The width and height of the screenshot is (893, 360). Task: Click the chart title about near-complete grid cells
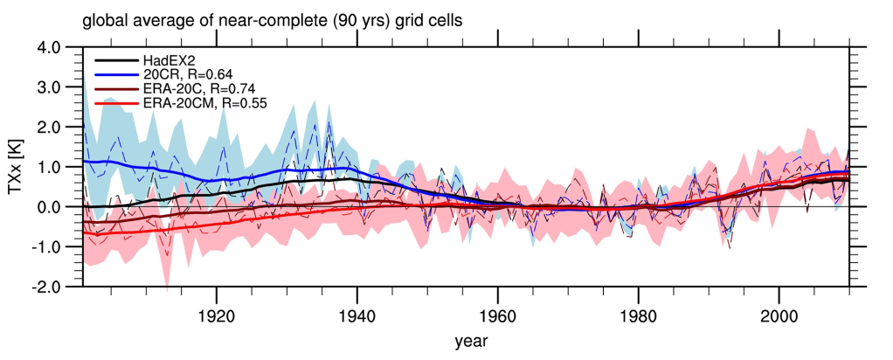click(283, 18)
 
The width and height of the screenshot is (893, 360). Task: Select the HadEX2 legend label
click(167, 60)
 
